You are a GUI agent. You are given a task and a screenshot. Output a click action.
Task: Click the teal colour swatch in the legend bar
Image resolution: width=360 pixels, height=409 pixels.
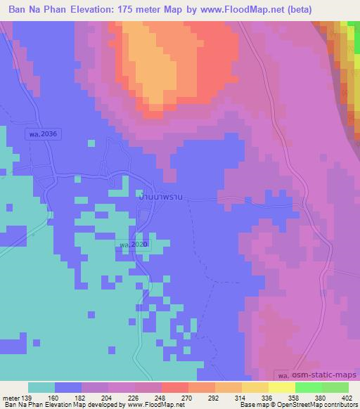click(41, 388)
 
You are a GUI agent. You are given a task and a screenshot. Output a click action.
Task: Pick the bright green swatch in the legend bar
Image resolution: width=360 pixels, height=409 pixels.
click(309, 388)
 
